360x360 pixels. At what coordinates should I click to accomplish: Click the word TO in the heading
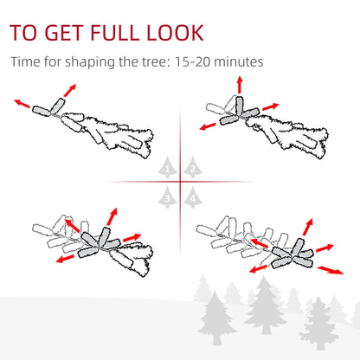pyautogui.click(x=26, y=34)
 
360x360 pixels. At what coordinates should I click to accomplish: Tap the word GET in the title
pyautogui.click(x=66, y=34)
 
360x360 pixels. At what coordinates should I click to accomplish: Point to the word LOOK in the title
pyautogui.click(x=176, y=34)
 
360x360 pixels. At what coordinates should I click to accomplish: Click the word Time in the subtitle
pyautogui.click(x=27, y=62)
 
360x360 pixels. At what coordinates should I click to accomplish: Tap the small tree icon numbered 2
pyautogui.click(x=192, y=167)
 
